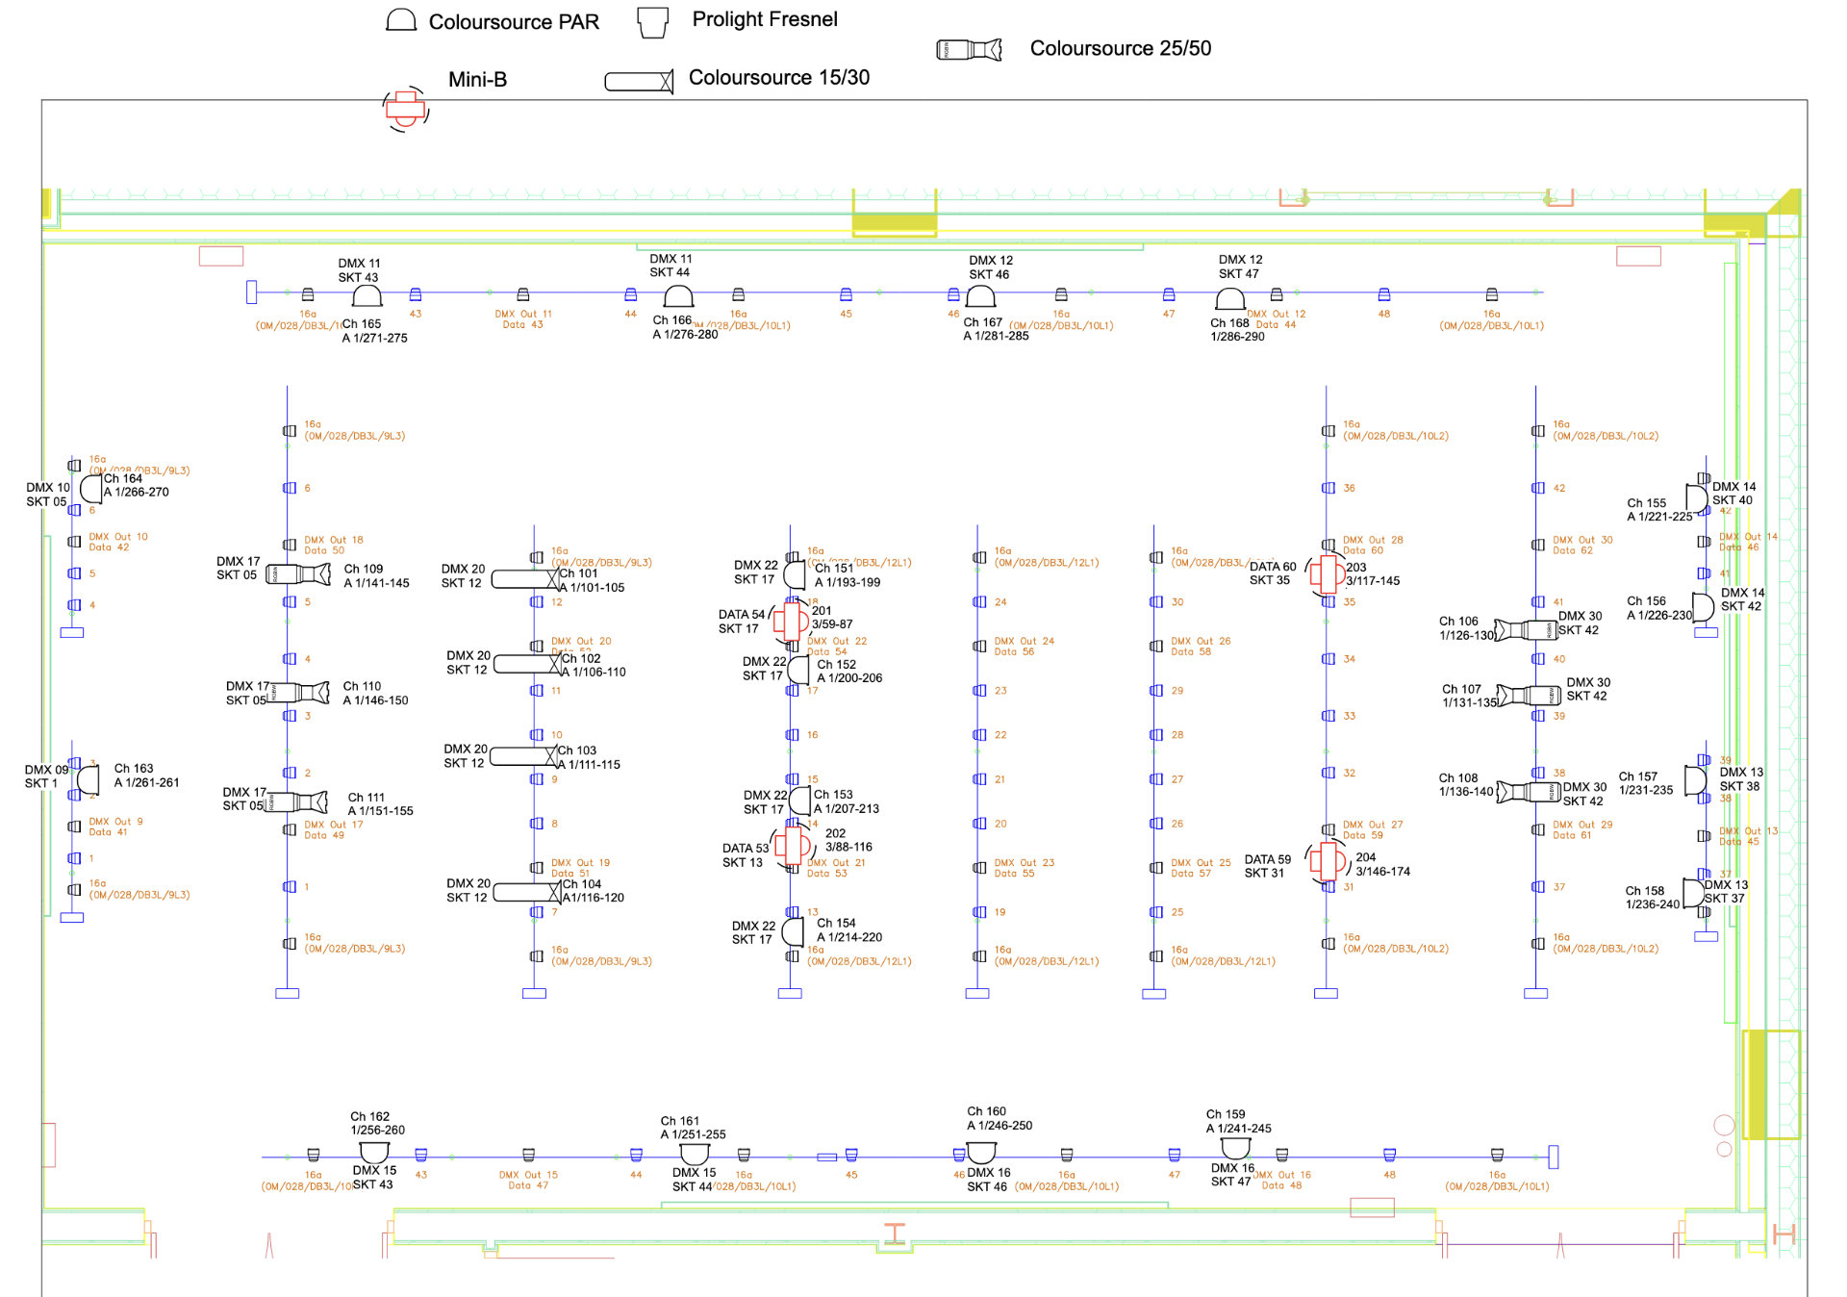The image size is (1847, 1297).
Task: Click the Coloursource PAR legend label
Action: tap(513, 22)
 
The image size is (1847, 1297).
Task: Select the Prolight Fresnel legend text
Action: tap(764, 19)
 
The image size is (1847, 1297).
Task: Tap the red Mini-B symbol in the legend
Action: tap(406, 108)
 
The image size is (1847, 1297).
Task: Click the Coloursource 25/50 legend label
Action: tap(1120, 48)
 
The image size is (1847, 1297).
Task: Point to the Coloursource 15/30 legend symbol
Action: tap(639, 82)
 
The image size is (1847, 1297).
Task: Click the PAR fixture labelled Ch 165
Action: tap(367, 295)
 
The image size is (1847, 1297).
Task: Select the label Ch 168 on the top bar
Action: tap(1229, 323)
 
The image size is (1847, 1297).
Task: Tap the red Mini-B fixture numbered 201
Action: tap(791, 621)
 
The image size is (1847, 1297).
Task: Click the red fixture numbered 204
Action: tap(1328, 861)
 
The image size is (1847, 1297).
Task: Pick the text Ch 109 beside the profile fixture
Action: tap(364, 569)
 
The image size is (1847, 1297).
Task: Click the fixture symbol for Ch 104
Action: tap(527, 892)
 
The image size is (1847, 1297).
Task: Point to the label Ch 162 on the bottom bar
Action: tap(369, 1116)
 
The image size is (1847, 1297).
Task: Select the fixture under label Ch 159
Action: tap(1235, 1148)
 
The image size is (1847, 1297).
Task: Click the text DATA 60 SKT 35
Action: tap(1272, 573)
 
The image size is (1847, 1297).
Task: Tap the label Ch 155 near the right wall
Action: tap(1646, 503)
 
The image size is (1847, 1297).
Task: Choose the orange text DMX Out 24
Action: tap(1024, 641)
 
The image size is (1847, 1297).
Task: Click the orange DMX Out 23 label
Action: tap(1024, 863)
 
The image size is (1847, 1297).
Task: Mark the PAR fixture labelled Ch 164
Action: tap(90, 489)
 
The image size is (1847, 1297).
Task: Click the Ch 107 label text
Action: tap(1461, 689)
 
